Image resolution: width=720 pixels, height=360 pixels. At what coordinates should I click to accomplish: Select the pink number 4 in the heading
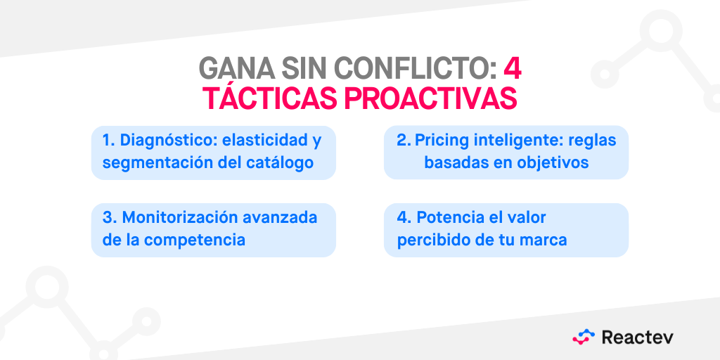(x=512, y=68)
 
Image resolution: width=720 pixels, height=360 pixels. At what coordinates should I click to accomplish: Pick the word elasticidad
(x=264, y=141)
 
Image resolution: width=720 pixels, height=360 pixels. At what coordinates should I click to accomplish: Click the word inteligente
(x=521, y=141)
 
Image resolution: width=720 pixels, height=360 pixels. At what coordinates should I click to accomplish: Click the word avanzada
(x=281, y=217)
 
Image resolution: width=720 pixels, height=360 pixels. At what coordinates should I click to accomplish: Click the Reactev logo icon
(x=584, y=337)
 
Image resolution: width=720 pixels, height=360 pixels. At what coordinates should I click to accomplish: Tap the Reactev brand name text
(x=637, y=337)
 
